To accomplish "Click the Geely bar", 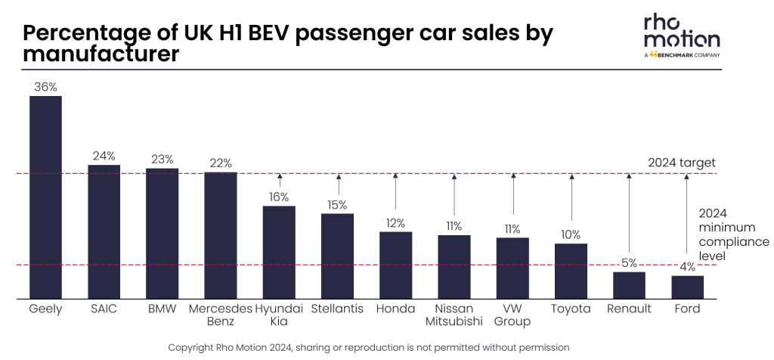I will pos(45,197).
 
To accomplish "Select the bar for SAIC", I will pos(104,232).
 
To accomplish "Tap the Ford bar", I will pos(687,287).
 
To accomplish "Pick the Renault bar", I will pos(629,285).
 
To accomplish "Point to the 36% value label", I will pos(45,87).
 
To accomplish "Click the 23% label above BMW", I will pos(162,160).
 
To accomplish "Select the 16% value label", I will pos(279,197).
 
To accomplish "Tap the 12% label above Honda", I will pos(395,223).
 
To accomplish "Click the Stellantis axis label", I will pos(337,309).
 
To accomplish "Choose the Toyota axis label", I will pos(571,309).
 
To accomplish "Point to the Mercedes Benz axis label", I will pos(220,315).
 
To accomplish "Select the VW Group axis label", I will pos(512,315).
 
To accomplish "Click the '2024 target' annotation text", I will pos(682,163).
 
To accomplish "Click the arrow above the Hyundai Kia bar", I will pos(280,181).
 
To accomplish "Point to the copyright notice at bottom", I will pos(368,346).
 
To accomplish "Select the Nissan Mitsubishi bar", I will pos(454,267).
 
